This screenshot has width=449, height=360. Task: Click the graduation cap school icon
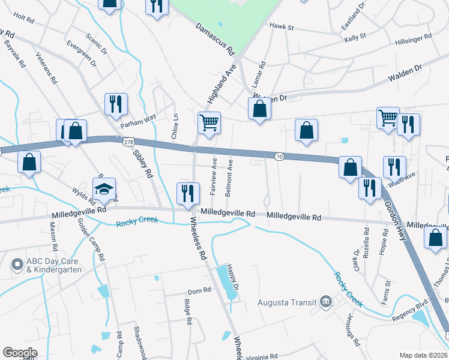tap(104, 188)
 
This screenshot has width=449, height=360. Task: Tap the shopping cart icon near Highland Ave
tap(209, 123)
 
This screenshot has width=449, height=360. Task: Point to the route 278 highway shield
tap(128, 142)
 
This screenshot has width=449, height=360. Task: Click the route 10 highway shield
tap(279, 157)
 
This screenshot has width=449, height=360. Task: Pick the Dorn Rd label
tap(199, 291)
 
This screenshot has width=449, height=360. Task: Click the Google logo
tap(20, 353)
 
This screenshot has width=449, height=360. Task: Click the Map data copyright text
tap(424, 355)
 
